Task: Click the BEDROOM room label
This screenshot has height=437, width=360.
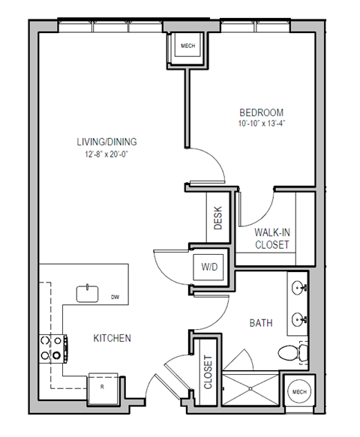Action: pyautogui.click(x=261, y=112)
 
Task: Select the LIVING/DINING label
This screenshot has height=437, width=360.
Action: pyautogui.click(x=106, y=142)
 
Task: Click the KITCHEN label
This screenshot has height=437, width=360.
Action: pyautogui.click(x=112, y=338)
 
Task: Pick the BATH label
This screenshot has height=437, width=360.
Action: pyautogui.click(x=260, y=323)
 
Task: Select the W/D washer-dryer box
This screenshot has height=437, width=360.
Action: pyautogui.click(x=208, y=266)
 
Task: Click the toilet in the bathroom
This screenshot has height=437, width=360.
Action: pyautogui.click(x=290, y=351)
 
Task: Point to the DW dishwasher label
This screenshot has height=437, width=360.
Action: pyautogui.click(x=115, y=298)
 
